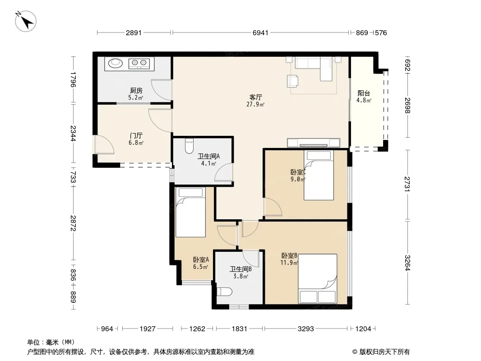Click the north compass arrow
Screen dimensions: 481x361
point(26,21)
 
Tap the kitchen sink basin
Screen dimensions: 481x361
point(116,63)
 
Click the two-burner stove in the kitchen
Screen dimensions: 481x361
point(139,63)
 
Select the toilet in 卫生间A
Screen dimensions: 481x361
point(189,146)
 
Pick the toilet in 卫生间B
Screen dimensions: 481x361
point(224,292)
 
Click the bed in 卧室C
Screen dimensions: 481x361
point(319,175)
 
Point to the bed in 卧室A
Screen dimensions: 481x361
point(190,212)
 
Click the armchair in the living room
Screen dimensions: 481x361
point(293,81)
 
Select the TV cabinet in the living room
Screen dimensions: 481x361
point(314,143)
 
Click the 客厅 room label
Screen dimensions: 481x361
point(255,97)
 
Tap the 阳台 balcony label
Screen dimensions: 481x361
point(364,93)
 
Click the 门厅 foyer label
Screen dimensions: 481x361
point(136,135)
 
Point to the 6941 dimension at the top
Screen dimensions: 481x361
point(260,33)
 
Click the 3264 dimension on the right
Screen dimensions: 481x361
point(407,263)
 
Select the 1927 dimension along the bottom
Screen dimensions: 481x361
point(148,329)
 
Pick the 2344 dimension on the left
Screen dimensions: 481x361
point(73,134)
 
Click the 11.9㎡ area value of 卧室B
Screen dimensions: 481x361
point(289,263)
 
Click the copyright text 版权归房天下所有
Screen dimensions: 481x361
point(384,352)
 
